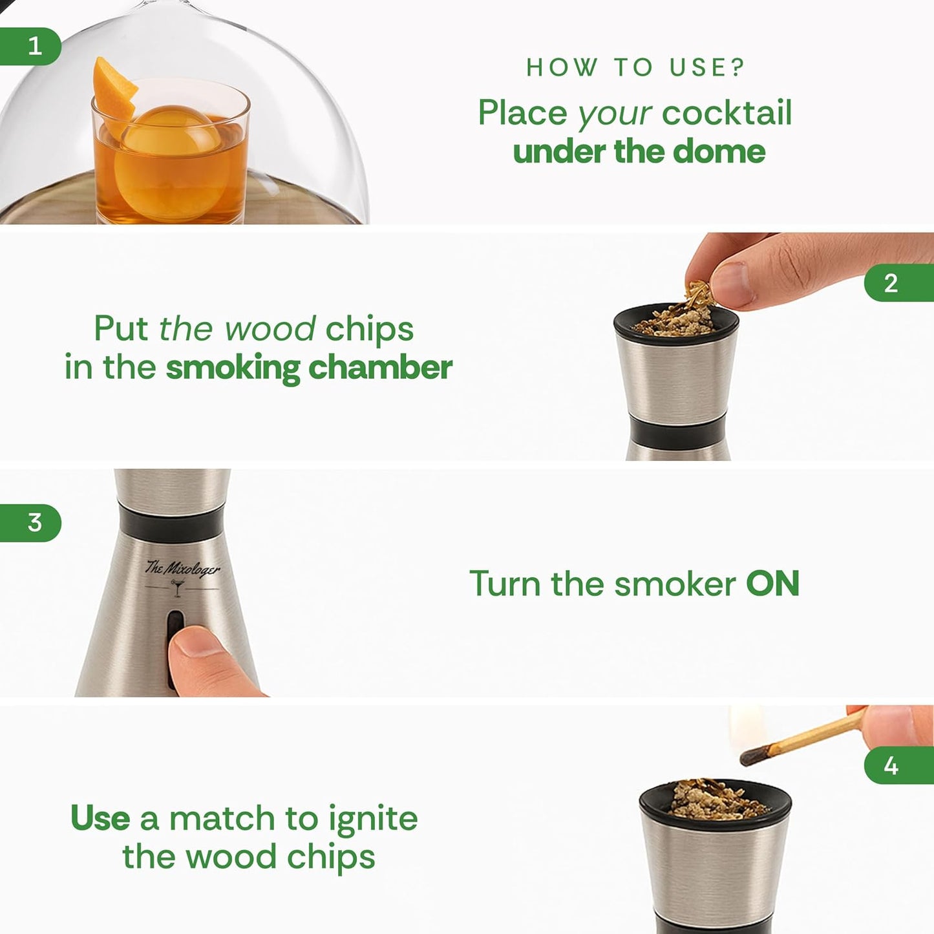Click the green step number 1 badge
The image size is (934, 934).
click(32, 47)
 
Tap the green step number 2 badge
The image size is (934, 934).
click(895, 283)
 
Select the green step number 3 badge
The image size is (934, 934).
click(32, 522)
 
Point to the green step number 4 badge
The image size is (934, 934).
click(895, 765)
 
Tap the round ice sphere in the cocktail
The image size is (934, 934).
click(170, 162)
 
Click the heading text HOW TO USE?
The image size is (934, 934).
click(635, 67)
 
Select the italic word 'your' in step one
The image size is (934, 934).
click(614, 114)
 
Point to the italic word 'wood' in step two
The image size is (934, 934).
click(270, 329)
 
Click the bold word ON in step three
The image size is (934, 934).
click(772, 584)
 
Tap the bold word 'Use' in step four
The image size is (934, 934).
click(100, 818)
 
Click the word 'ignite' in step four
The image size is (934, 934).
click(373, 819)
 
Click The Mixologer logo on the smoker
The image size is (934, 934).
click(182, 569)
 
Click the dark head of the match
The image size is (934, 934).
click(756, 754)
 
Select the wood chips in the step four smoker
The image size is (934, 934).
click(715, 800)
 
